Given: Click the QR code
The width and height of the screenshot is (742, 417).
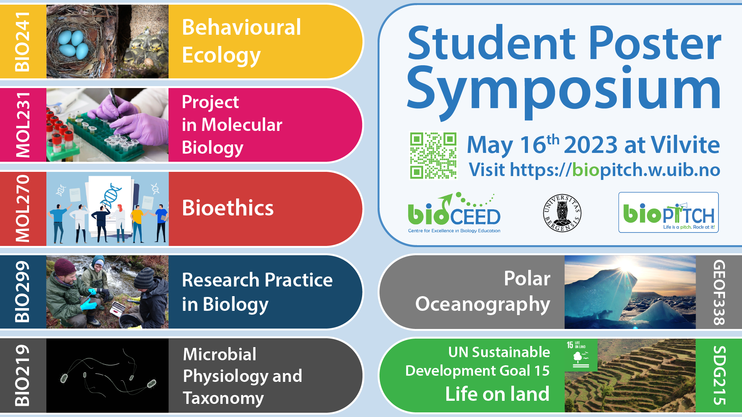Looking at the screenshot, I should pyautogui.click(x=433, y=156).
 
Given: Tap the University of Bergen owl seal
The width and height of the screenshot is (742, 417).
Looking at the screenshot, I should pyautogui.click(x=562, y=213).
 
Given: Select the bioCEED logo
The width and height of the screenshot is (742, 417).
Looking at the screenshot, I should pyautogui.click(x=454, y=213).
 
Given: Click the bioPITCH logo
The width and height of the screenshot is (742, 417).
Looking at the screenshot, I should pyautogui.click(x=668, y=212).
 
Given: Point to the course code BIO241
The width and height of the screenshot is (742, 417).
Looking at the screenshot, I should pyautogui.click(x=22, y=41).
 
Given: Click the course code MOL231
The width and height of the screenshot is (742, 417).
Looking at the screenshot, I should pyautogui.click(x=22, y=125).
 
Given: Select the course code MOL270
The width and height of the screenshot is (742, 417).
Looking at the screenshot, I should pyautogui.click(x=22, y=208).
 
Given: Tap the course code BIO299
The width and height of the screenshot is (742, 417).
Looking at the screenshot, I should pyautogui.click(x=22, y=292).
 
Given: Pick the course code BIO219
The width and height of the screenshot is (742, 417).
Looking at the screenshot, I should pyautogui.click(x=22, y=375).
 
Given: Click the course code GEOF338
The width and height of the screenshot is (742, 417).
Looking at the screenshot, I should pyautogui.click(x=719, y=292).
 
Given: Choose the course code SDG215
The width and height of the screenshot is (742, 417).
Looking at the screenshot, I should pyautogui.click(x=719, y=375).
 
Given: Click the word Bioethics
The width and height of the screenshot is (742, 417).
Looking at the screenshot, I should pyautogui.click(x=228, y=208).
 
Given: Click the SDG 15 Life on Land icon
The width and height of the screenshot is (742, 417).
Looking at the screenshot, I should pyautogui.click(x=580, y=355).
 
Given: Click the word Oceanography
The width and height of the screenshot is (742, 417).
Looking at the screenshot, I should pyautogui.click(x=482, y=304).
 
